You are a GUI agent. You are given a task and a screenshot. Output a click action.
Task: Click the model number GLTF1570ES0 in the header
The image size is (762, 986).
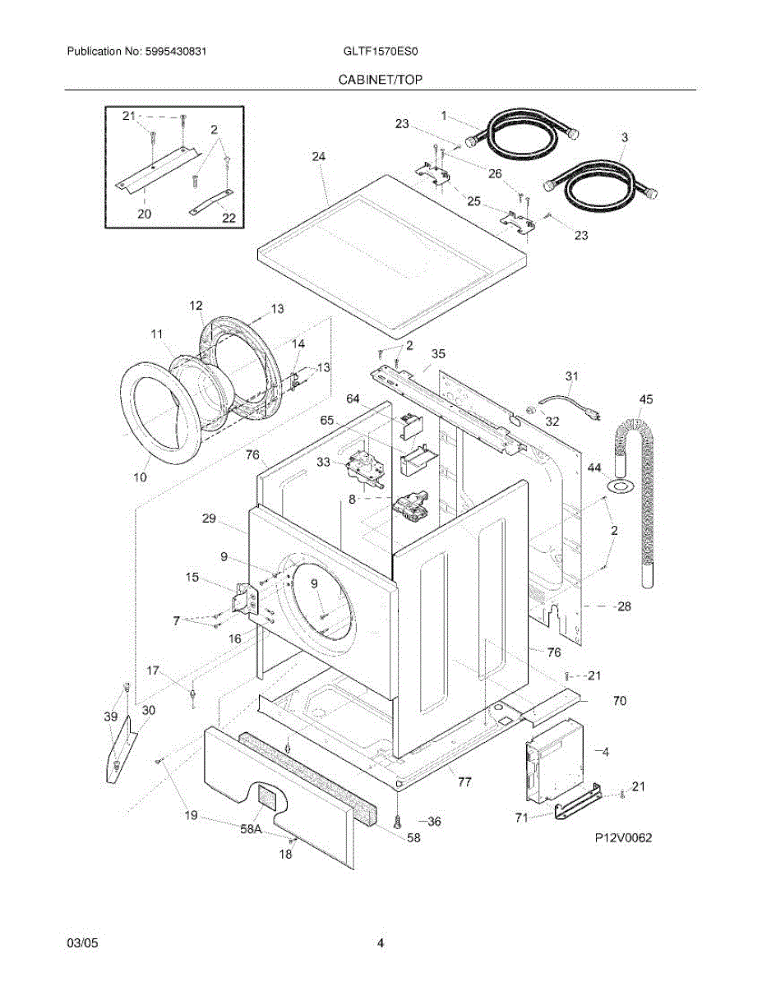point(381,52)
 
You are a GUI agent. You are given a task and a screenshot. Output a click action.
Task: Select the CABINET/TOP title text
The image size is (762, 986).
point(381,81)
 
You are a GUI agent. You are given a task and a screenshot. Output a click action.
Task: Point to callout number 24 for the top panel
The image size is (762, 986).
point(319,156)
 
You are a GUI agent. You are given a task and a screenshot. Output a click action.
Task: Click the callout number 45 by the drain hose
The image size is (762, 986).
point(646,400)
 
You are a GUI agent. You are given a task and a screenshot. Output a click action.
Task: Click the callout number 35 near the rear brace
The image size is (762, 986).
point(438,354)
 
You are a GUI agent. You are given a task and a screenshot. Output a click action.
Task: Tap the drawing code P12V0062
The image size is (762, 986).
point(624,839)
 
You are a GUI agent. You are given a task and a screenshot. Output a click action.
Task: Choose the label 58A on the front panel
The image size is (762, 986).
point(250,830)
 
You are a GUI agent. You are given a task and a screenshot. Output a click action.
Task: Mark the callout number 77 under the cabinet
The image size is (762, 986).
point(464,782)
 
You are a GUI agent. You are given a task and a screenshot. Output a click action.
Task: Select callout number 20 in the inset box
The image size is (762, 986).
point(144,213)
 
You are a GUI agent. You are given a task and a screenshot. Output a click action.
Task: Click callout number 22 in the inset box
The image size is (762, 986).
point(229,218)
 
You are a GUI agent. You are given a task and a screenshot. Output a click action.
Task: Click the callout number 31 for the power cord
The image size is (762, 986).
point(571,376)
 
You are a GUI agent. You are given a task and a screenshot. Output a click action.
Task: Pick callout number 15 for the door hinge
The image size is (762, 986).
point(192,578)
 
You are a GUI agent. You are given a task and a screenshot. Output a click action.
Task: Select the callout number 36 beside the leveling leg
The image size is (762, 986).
point(435,821)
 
